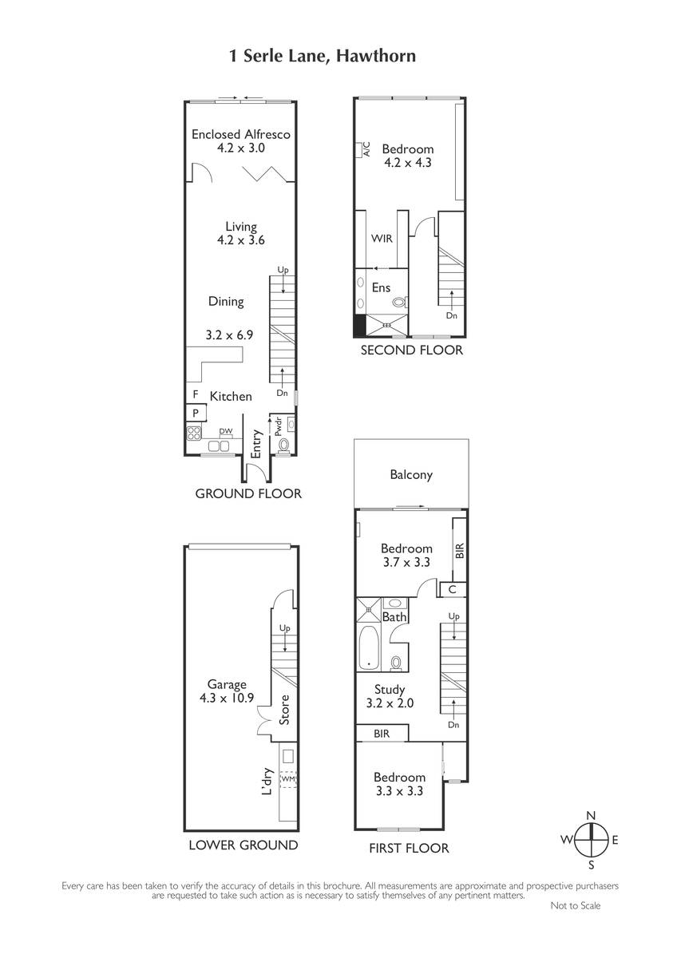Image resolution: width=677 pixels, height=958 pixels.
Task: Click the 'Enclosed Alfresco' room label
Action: [x=241, y=134]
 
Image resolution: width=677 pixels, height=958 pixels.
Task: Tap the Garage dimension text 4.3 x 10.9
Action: [x=227, y=698]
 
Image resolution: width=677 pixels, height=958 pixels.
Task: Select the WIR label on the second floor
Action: [x=382, y=238]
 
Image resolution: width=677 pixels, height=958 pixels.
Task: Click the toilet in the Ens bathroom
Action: [x=400, y=303]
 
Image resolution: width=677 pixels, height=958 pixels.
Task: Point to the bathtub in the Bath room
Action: [x=368, y=648]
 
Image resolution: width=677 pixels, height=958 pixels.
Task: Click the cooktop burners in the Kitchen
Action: [x=194, y=433]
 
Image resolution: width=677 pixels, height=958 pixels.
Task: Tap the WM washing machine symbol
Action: [x=288, y=779]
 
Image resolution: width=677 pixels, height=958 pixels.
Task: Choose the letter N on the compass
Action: [x=591, y=815]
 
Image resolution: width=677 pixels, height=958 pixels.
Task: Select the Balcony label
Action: [x=411, y=475]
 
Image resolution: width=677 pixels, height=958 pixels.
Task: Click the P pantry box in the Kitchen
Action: [x=196, y=413]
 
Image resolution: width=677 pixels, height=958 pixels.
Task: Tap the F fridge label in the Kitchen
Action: [x=196, y=394]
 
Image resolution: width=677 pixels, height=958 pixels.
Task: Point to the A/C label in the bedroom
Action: [x=366, y=149]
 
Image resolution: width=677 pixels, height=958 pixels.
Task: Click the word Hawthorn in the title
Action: [x=375, y=56]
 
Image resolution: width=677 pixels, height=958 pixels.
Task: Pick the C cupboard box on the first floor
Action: [x=453, y=589]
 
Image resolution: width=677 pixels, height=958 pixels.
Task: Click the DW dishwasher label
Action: [x=226, y=431]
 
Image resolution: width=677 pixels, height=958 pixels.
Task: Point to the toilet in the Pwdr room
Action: [x=283, y=445]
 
